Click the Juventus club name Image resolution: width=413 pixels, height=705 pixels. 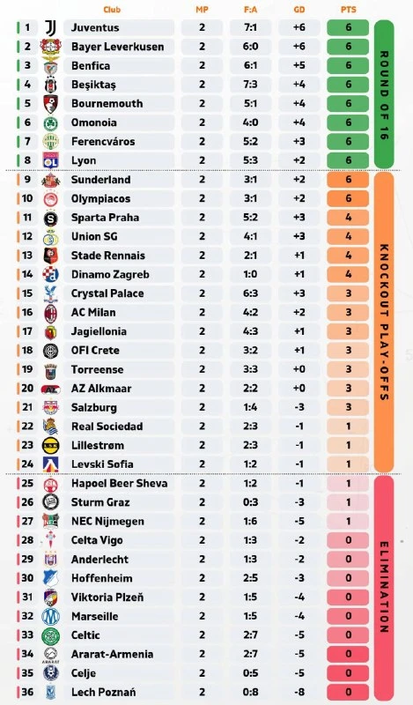coord(95,27)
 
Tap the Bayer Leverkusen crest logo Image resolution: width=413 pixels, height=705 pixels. coord(50,47)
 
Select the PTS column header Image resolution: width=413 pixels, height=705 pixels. coord(349,10)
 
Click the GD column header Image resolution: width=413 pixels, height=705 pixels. coord(299,10)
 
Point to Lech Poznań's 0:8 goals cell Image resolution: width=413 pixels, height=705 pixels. coord(250,692)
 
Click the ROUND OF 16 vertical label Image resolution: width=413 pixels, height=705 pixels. coord(384,95)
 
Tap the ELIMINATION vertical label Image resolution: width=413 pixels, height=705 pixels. coord(384,588)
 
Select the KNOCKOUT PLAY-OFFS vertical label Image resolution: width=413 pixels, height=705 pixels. coord(384,323)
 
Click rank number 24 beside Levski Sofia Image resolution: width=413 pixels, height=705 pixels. coord(27,464)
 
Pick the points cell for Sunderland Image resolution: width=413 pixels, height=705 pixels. coord(349,180)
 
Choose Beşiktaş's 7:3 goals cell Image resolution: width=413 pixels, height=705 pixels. coord(250,85)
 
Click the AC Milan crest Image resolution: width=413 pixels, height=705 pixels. coord(51,313)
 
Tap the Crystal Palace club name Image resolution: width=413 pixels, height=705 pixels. coord(107,293)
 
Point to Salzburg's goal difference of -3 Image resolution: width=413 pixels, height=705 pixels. coord(299,407)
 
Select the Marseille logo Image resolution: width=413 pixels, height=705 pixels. coord(50,616)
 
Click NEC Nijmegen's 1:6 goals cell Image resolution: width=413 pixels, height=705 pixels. coord(250,521)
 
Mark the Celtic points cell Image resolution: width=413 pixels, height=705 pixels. coord(349,635)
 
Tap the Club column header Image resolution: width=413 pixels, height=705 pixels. coord(112,10)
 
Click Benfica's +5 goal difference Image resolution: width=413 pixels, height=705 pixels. coord(299,65)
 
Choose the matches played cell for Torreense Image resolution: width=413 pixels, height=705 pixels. coord(202,369)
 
